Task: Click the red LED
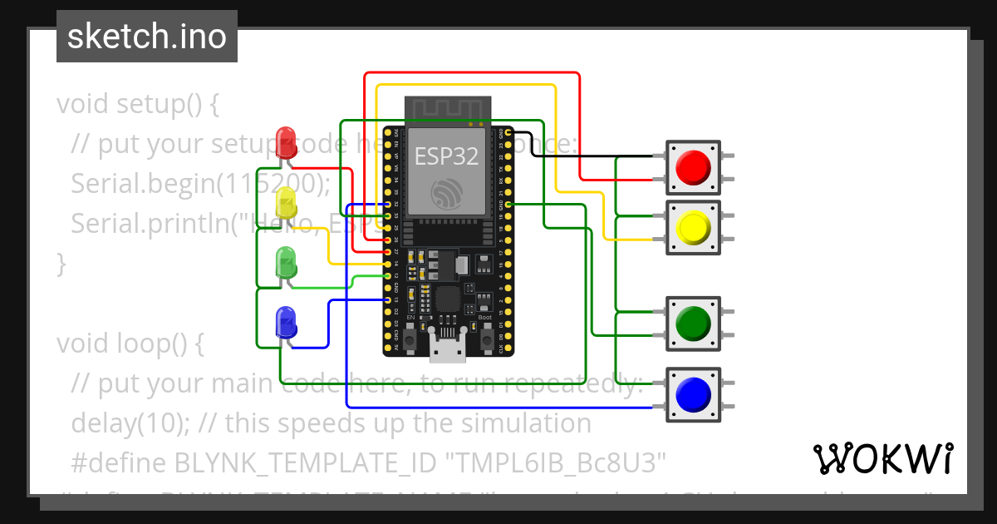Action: tap(286, 142)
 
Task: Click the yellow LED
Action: tap(286, 204)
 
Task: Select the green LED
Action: tap(286, 264)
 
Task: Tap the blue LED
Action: tap(286, 321)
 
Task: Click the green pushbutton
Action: tap(693, 322)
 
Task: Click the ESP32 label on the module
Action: tap(448, 156)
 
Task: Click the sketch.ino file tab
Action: tap(146, 37)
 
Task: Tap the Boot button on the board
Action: tap(486, 339)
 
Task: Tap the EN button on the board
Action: tap(409, 339)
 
